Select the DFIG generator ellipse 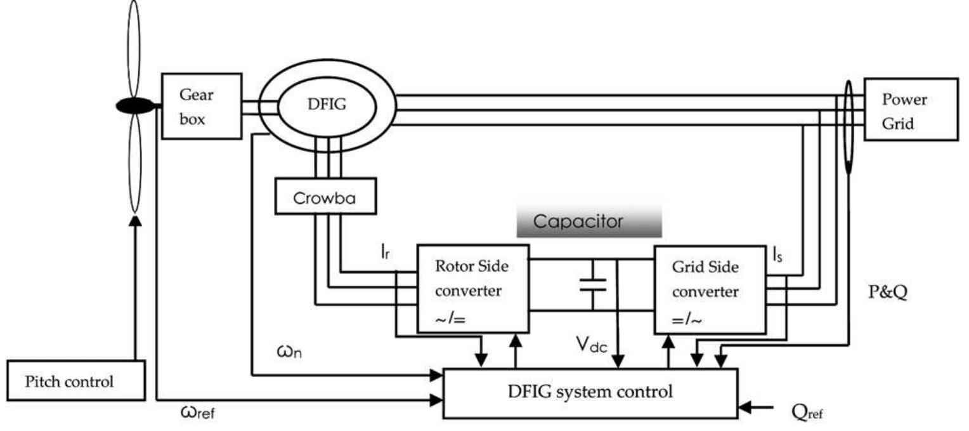(327, 105)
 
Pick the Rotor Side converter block (472, 288)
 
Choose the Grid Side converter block (709, 289)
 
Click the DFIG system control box (590, 392)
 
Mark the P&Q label (888, 293)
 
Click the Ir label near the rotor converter (384, 252)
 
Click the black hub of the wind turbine (134, 106)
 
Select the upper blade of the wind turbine (134, 48)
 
